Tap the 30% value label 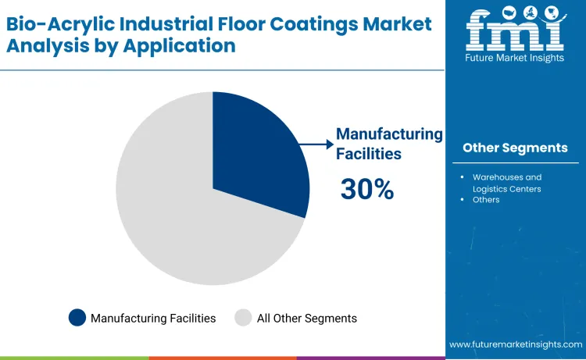tap(366, 189)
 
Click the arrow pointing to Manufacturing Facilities tap(316, 144)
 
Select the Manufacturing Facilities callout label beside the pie tap(388, 144)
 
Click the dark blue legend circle tap(77, 318)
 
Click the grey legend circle tap(244, 318)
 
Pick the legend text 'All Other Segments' tap(306, 319)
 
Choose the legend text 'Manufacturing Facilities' tap(153, 319)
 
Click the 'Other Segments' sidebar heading tap(515, 148)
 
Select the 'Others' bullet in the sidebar tap(485, 200)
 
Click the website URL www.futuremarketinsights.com tap(516, 344)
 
